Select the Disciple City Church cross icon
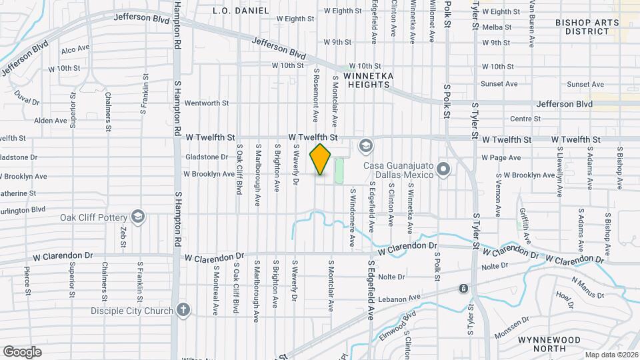coord(183,310)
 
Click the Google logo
coord(22,352)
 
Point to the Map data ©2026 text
coord(611,355)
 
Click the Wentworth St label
coord(207,103)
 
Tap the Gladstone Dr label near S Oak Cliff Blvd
coord(206,157)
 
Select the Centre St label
coord(525,119)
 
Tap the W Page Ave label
coord(501,158)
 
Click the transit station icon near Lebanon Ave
coord(463,288)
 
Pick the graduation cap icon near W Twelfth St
coord(365,145)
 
